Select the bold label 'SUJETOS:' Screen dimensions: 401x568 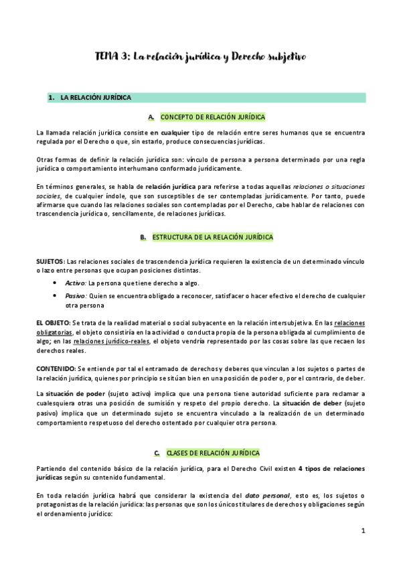coord(51,260)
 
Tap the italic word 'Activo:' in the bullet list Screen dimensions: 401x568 coord(76,283)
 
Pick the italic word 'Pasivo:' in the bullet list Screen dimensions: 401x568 coord(76,295)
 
